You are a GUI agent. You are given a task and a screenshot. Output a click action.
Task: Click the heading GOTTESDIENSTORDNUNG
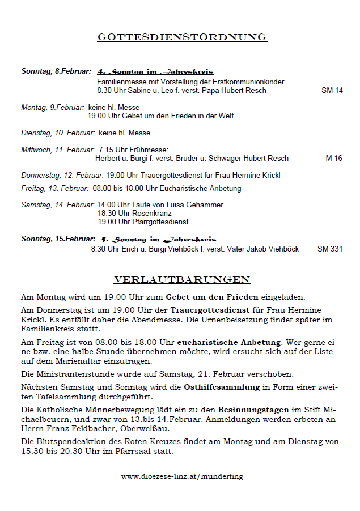182,37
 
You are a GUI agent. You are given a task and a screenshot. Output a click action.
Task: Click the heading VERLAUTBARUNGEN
182,280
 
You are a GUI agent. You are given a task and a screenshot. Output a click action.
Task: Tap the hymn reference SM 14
332,91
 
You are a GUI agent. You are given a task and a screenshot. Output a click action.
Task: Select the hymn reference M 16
334,159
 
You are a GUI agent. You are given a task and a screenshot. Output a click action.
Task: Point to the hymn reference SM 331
330,249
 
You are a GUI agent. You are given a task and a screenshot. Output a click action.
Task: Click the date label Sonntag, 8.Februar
56,72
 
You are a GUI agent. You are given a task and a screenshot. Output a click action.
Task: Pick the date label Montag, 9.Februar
53,107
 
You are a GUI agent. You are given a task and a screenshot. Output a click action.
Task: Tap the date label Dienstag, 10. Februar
58,133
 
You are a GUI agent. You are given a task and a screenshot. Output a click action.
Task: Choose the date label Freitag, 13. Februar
54,188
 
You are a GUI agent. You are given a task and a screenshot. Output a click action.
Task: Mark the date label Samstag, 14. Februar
57,205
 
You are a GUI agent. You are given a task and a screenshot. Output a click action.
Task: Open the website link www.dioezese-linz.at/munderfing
182,476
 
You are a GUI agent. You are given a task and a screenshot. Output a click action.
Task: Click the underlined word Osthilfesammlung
222,387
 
